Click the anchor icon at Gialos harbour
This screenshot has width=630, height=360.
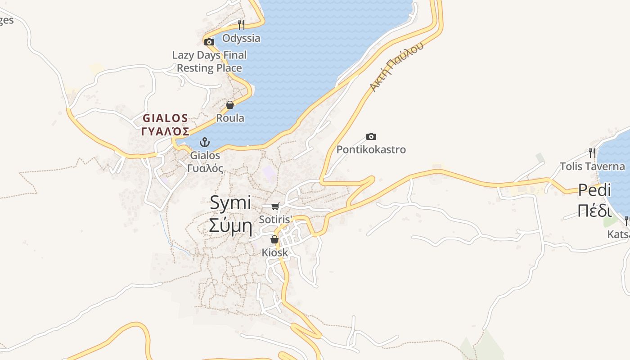pyautogui.click(x=205, y=142)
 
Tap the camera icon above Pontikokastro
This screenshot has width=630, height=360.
pyautogui.click(x=371, y=136)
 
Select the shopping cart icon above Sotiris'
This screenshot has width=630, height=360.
pyautogui.click(x=275, y=206)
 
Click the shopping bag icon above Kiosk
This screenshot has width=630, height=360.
pyautogui.click(x=274, y=239)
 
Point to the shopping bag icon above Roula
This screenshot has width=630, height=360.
pyautogui.click(x=230, y=105)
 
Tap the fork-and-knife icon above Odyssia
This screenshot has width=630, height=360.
pyautogui.click(x=241, y=24)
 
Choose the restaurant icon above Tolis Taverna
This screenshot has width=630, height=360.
pyautogui.click(x=592, y=153)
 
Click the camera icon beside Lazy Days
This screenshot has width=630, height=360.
pyautogui.click(x=209, y=42)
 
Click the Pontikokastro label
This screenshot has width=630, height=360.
pyautogui.click(x=371, y=149)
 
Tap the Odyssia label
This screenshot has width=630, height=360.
pyautogui.click(x=241, y=38)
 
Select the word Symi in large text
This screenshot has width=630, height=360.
pyautogui.click(x=230, y=203)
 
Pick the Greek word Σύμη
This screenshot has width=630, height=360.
pyautogui.click(x=230, y=226)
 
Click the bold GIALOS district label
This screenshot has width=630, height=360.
pyautogui.click(x=165, y=118)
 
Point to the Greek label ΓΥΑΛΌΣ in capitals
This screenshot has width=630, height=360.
pyautogui.click(x=165, y=131)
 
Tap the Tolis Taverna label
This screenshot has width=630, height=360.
pyautogui.click(x=592, y=166)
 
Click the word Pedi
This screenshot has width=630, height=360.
pyautogui.click(x=594, y=190)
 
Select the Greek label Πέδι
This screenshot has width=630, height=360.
pyautogui.click(x=594, y=211)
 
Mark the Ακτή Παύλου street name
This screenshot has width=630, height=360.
pyautogui.click(x=396, y=67)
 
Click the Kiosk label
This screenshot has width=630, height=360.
pyautogui.click(x=274, y=252)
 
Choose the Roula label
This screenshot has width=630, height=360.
pyautogui.click(x=230, y=118)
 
